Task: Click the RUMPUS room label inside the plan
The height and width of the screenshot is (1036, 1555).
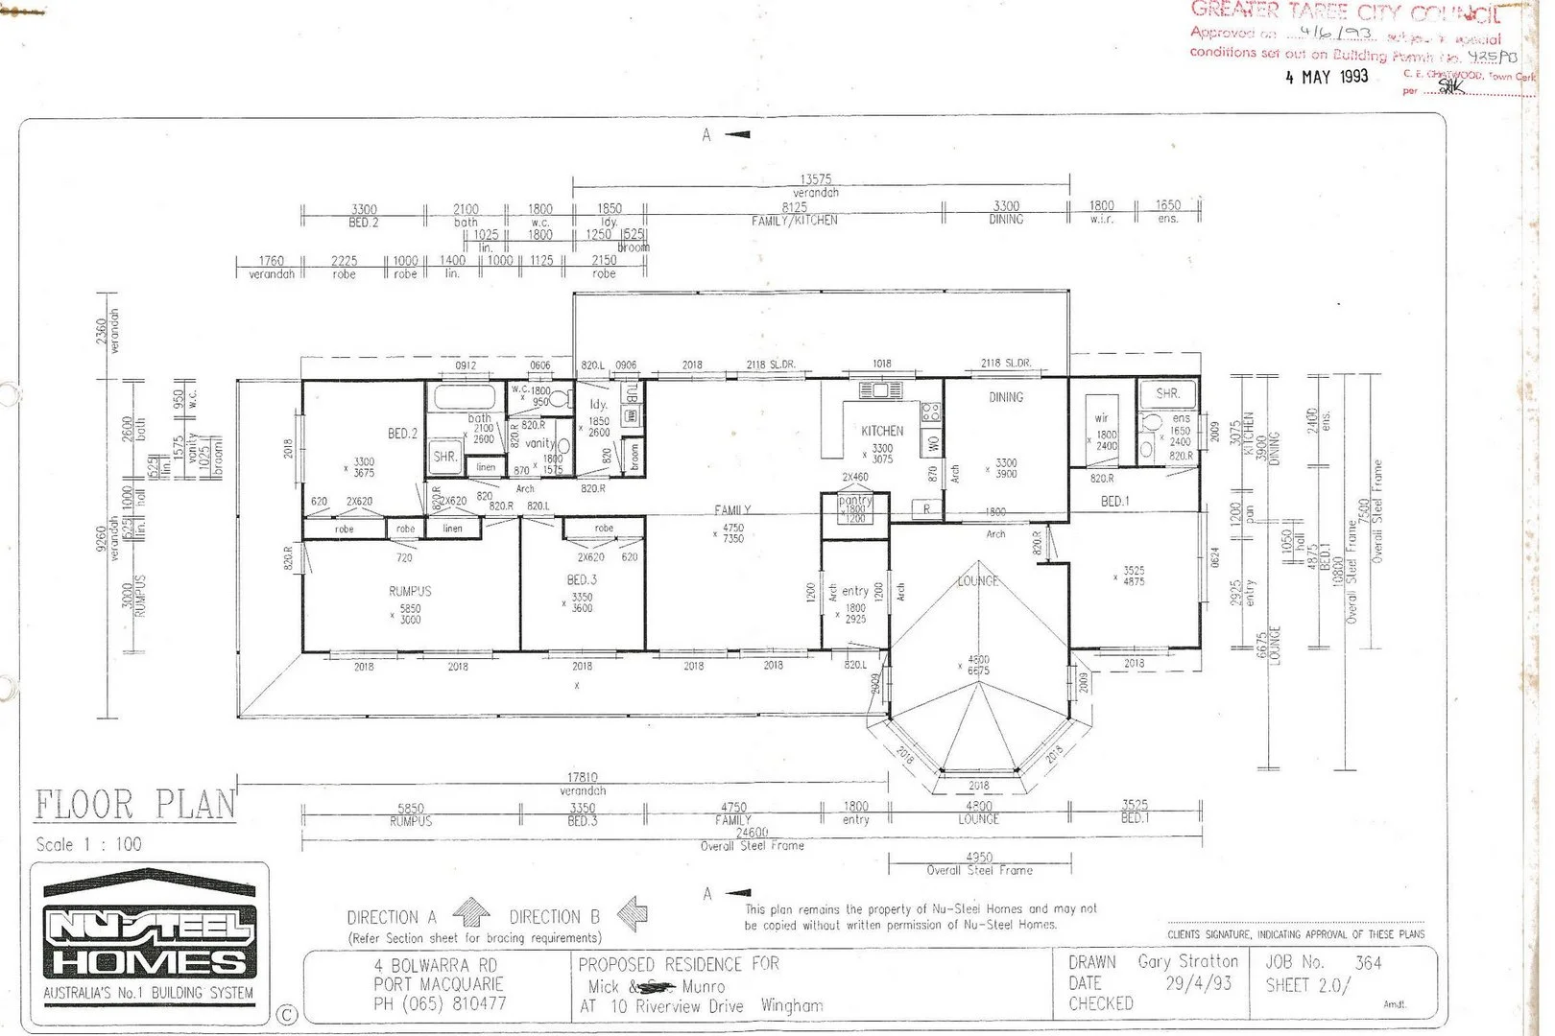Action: (x=410, y=591)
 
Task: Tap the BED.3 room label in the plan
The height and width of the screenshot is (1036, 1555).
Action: (x=582, y=579)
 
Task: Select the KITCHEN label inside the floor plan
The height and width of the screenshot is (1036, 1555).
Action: (x=881, y=431)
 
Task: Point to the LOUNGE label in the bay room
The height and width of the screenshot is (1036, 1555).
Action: (x=977, y=581)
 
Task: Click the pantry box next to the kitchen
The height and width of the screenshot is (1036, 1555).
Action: (x=854, y=508)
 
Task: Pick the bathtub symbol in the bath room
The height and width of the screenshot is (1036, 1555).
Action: (x=465, y=396)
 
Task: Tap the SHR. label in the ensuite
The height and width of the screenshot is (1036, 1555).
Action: (x=1167, y=393)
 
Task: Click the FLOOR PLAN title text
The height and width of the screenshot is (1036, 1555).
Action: (x=134, y=805)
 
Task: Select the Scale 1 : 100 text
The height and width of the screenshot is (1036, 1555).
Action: (x=88, y=844)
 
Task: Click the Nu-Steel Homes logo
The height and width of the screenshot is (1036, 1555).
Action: (x=149, y=935)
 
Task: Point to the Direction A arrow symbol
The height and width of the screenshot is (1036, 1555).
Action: (x=470, y=910)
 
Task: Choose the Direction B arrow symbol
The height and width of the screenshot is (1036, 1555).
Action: (x=631, y=912)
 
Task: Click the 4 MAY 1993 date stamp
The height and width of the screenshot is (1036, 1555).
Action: (x=1327, y=77)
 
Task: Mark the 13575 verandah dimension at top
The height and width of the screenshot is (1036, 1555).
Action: (x=815, y=179)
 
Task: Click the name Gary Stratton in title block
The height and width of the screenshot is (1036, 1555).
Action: (x=1187, y=961)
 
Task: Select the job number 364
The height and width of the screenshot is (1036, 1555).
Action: (x=1368, y=962)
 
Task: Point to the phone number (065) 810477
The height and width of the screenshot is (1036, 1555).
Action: (x=440, y=1003)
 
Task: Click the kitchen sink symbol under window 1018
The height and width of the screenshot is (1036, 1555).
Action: (x=881, y=389)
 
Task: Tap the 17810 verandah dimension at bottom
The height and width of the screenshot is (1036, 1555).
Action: (x=583, y=778)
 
